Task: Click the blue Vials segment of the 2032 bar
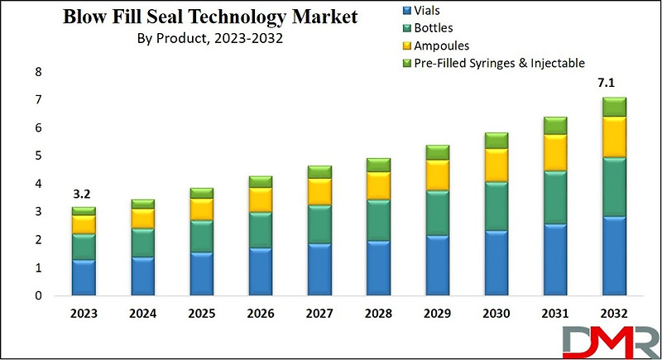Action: (614, 256)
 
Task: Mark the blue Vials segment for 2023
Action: (84, 277)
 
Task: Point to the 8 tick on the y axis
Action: (37, 72)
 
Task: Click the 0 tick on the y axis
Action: (37, 295)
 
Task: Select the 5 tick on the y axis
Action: (37, 156)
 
